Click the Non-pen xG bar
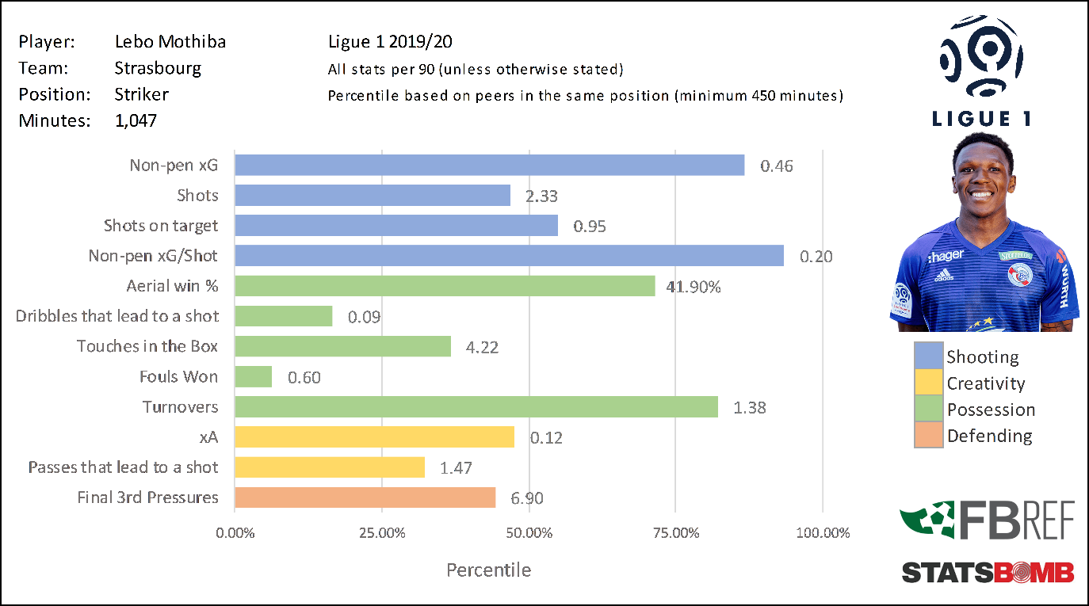tap(490, 165)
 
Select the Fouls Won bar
tap(254, 376)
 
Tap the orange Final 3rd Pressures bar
tap(365, 497)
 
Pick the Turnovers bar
tap(476, 407)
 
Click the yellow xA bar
tap(375, 437)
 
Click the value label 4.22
tap(482, 347)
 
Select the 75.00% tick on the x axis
tap(675, 533)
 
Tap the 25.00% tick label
tap(382, 533)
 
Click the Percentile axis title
tap(488, 570)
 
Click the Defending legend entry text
tap(989, 436)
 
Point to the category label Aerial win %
tap(172, 286)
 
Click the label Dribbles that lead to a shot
tap(117, 316)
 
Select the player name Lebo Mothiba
tap(170, 42)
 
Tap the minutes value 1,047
tap(136, 120)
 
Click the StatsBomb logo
tap(988, 572)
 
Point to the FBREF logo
tap(988, 521)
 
